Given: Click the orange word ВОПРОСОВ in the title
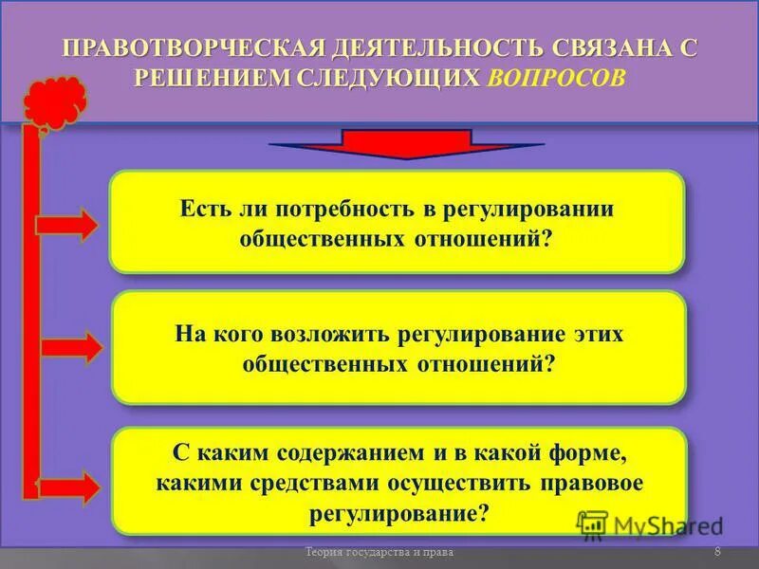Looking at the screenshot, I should [x=558, y=79].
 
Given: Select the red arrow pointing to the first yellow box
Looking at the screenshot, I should [x=67, y=226].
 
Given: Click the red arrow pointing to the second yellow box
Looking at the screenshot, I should [x=67, y=347].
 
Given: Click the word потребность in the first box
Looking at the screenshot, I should [x=329, y=209].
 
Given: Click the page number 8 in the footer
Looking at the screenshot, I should [x=717, y=553].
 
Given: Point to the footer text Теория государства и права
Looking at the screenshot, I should [x=379, y=553].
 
